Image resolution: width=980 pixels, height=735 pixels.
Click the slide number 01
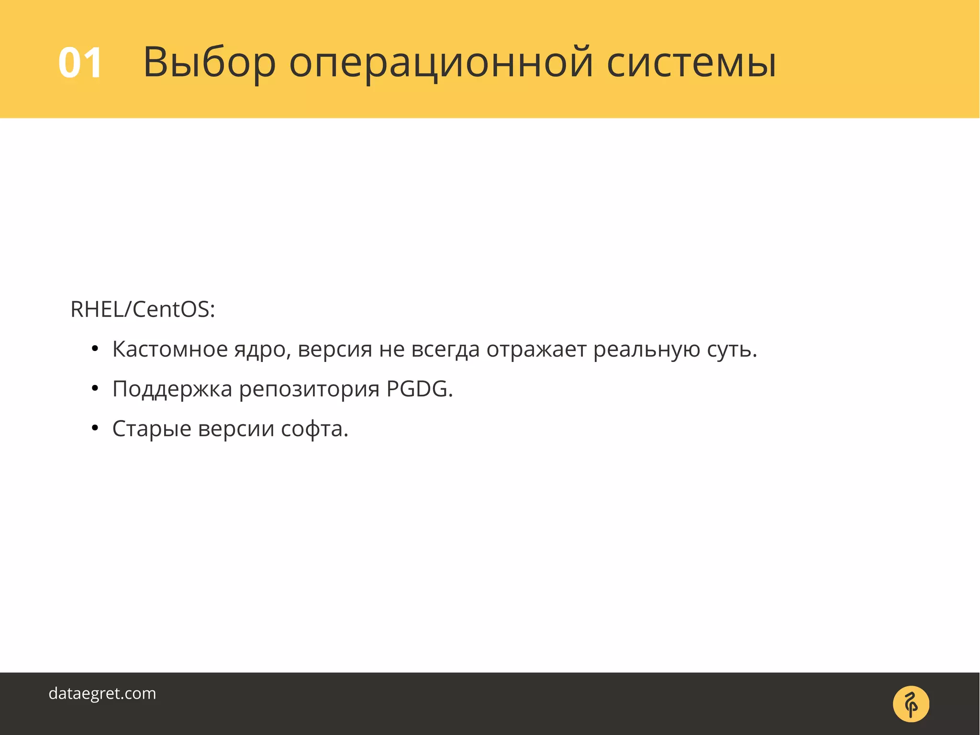pyautogui.click(x=80, y=63)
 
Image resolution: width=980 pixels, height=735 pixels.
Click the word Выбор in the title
pyautogui.click(x=210, y=63)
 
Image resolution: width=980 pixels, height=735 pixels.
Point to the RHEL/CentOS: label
pyautogui.click(x=143, y=309)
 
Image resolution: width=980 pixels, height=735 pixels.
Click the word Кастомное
pyautogui.click(x=170, y=349)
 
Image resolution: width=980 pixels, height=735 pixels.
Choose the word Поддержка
pyautogui.click(x=172, y=389)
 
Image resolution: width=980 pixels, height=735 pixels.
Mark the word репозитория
pyautogui.click(x=309, y=389)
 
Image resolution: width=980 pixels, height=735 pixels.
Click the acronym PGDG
pyautogui.click(x=419, y=389)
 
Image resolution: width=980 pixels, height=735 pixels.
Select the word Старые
pyautogui.click(x=152, y=429)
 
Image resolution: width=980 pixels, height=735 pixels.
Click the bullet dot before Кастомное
pyautogui.click(x=95, y=349)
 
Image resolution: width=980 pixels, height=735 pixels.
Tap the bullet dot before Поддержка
pyautogui.click(x=95, y=389)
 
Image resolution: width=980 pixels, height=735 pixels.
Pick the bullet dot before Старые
pyautogui.click(x=95, y=429)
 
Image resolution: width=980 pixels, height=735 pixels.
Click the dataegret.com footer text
pyautogui.click(x=102, y=693)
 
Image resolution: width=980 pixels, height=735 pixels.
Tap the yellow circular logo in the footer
pyautogui.click(x=911, y=704)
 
